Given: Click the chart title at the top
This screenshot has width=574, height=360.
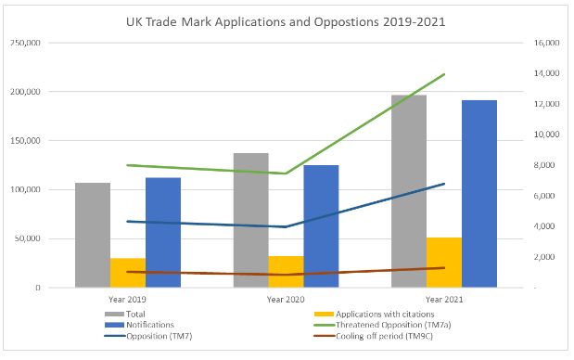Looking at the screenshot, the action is (x=286, y=21).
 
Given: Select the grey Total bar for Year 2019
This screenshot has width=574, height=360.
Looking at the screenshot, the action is (x=93, y=235).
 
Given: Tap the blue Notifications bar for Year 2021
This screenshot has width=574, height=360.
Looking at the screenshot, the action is (x=479, y=194).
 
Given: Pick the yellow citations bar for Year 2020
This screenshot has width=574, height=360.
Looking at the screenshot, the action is (x=286, y=272).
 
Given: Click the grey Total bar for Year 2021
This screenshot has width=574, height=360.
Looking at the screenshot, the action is (x=409, y=191).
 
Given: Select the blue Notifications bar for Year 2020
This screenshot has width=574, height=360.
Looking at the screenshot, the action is (x=321, y=226).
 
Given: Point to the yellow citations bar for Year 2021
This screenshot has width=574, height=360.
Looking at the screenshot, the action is (x=444, y=263).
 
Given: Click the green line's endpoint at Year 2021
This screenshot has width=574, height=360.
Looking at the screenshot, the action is (x=444, y=74).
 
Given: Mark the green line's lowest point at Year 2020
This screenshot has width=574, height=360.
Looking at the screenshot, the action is (x=286, y=174).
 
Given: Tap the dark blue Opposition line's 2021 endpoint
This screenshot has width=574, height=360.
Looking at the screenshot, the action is (x=444, y=184).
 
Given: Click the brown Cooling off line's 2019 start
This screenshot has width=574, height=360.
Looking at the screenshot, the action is (x=127, y=272).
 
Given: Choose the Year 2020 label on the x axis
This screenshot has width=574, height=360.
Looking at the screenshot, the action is (x=286, y=300).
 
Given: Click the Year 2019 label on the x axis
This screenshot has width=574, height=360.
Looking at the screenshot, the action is (x=127, y=300).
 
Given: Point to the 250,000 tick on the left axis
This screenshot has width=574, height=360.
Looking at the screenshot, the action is (x=25, y=43).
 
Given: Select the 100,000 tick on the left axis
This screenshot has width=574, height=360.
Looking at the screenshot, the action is (x=25, y=189).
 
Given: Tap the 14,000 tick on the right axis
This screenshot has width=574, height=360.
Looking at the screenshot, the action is (x=546, y=73).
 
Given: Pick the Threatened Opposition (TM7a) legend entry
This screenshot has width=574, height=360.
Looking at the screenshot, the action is (x=383, y=325).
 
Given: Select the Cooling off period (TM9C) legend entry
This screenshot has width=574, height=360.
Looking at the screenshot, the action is (x=374, y=336).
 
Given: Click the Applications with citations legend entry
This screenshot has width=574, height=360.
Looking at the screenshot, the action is (x=374, y=315).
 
